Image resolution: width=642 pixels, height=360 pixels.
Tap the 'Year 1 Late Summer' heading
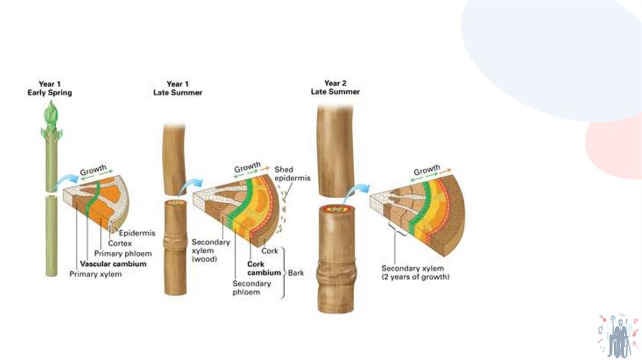(x=177, y=88)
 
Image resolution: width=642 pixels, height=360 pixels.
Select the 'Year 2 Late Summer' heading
(x=335, y=87)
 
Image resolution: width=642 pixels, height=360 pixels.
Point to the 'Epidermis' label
(x=137, y=233)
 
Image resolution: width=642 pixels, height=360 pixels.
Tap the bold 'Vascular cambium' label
(x=113, y=264)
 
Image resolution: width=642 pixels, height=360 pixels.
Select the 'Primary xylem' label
(x=95, y=275)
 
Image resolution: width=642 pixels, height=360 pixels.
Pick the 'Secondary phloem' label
(x=251, y=288)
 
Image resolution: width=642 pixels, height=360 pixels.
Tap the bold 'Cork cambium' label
(x=264, y=268)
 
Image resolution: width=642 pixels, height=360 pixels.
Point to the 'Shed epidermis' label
(x=292, y=174)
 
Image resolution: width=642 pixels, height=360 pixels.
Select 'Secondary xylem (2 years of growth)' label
(x=415, y=272)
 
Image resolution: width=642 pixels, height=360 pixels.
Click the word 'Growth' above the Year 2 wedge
(x=427, y=171)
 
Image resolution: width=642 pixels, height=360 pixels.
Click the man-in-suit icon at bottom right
(x=619, y=334)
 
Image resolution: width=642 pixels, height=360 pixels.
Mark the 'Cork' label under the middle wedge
(x=270, y=251)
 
